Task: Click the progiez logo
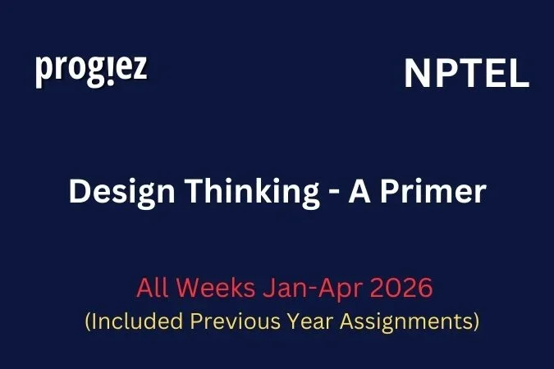tap(91, 71)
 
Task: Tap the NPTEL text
tap(466, 75)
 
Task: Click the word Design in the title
tap(117, 192)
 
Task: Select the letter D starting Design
tap(79, 192)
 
